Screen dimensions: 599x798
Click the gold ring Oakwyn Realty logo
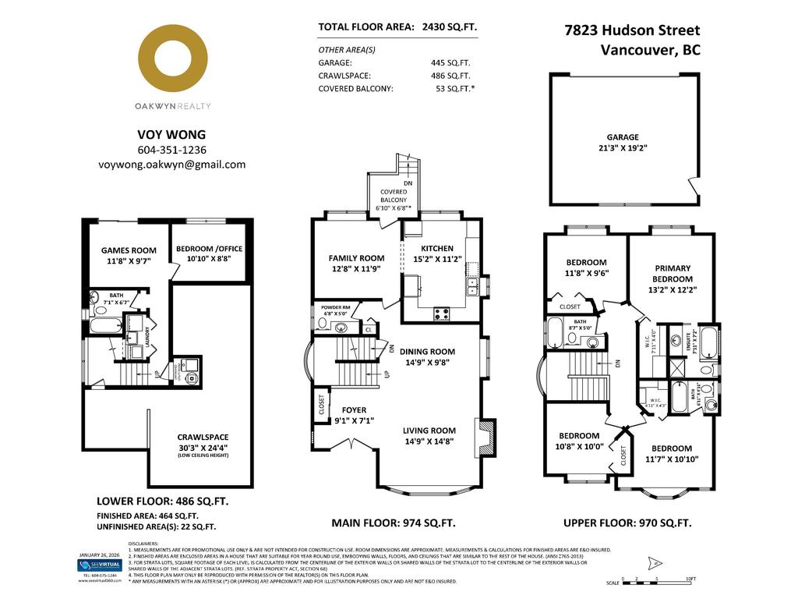pyautogui.click(x=172, y=60)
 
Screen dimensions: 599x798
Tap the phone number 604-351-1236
pyautogui.click(x=172, y=150)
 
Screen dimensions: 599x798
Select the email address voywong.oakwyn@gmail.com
pyautogui.click(x=172, y=165)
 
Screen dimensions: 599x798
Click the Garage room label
pyautogui.click(x=623, y=136)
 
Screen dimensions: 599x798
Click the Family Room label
pyautogui.click(x=356, y=258)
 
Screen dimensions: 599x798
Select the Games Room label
pyautogui.click(x=129, y=250)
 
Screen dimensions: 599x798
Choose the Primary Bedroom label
pyautogui.click(x=672, y=273)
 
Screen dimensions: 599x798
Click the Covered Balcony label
pyautogui.click(x=394, y=200)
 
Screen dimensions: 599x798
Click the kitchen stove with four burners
pyautogui.click(x=441, y=314)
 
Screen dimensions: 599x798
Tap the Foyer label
pyautogui.click(x=354, y=409)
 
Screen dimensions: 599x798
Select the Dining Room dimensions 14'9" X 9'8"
pyautogui.click(x=429, y=362)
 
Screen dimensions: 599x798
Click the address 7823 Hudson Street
pyautogui.click(x=632, y=30)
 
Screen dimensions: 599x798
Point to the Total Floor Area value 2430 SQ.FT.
pyautogui.click(x=449, y=27)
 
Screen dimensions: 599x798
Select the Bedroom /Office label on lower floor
pyautogui.click(x=209, y=249)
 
